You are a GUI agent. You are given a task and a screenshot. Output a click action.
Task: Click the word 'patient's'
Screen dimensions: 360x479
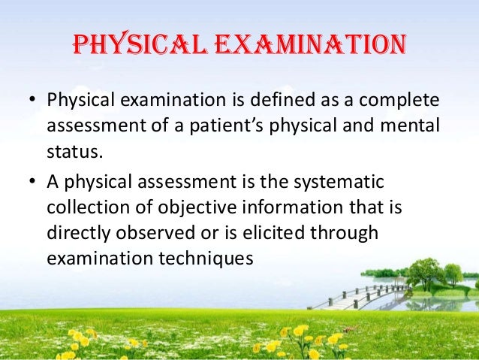[245, 127]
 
